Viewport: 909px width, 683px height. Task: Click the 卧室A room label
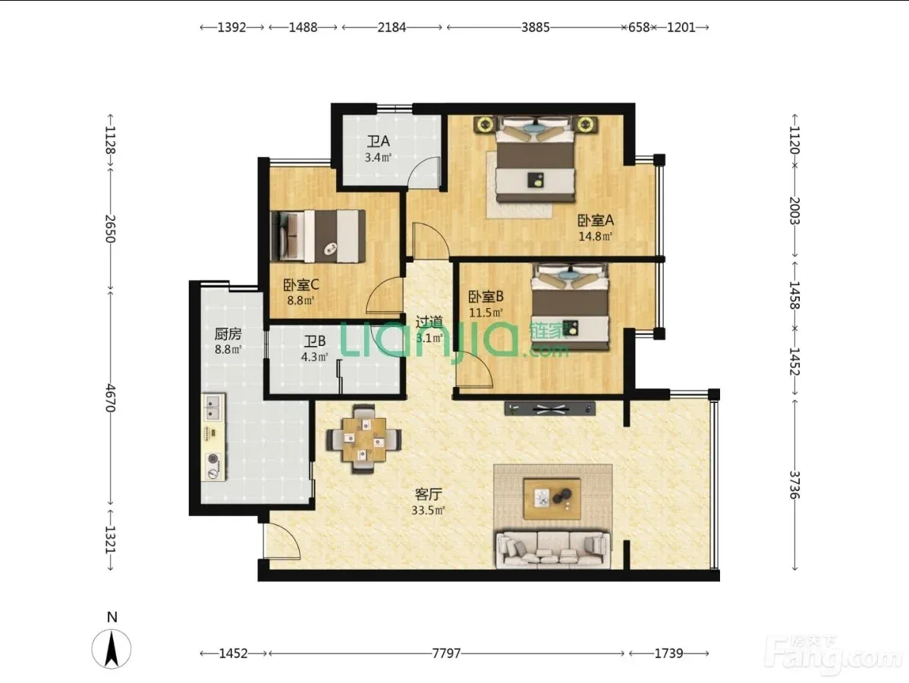click(x=596, y=220)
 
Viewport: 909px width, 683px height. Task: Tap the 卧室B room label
click(x=486, y=297)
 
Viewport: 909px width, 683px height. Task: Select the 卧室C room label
click(x=301, y=285)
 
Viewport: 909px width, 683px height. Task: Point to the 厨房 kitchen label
click(x=228, y=334)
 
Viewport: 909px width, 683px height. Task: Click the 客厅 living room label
click(x=429, y=494)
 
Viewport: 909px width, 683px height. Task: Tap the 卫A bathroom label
click(x=378, y=141)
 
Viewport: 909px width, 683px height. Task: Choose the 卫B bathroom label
click(x=315, y=341)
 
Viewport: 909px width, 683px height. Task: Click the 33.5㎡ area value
click(x=428, y=511)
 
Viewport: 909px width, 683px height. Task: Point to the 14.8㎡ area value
click(x=596, y=236)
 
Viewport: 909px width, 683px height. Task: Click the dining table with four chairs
click(x=364, y=439)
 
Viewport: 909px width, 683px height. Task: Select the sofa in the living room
click(x=552, y=549)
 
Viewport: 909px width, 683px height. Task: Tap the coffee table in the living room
click(x=552, y=499)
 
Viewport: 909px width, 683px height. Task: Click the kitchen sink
click(x=213, y=407)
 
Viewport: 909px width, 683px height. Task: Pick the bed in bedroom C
click(x=318, y=236)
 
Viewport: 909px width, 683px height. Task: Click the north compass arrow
click(x=112, y=648)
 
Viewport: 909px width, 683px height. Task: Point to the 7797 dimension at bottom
click(x=446, y=653)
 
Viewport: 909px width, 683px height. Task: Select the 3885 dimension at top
click(x=535, y=27)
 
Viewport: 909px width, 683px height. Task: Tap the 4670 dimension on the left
click(x=110, y=398)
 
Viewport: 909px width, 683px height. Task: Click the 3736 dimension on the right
click(x=794, y=484)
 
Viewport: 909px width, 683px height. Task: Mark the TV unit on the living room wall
click(x=550, y=409)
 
